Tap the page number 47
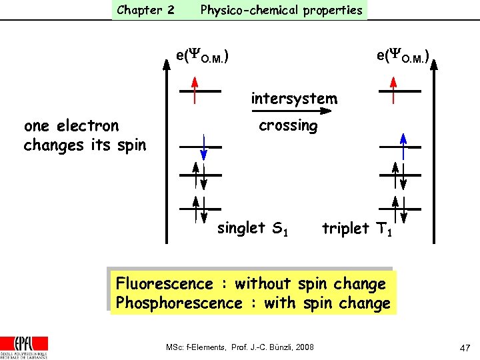pyautogui.click(x=465, y=347)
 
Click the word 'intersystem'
pyautogui.click(x=294, y=99)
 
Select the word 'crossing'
pyautogui.click(x=288, y=125)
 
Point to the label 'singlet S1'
pyautogui.click(x=253, y=228)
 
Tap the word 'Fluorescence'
pyautogui.click(x=164, y=284)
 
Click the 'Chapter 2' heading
pyautogui.click(x=145, y=10)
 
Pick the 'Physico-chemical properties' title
pyautogui.click(x=281, y=10)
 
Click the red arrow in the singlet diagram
pyautogui.click(x=195, y=90)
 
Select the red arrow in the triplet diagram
pyautogui.click(x=393, y=90)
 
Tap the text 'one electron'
pyautogui.click(x=71, y=125)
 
